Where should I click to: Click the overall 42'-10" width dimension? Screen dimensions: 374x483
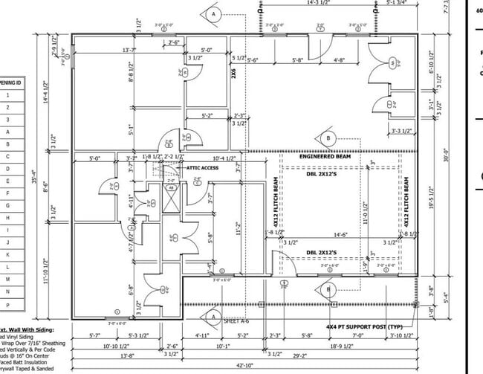click(242, 368)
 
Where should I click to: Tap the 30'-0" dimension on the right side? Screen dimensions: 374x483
click(467, 158)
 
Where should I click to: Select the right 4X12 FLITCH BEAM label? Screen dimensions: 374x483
click(406, 203)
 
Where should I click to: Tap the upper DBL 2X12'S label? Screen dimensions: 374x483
click(322, 175)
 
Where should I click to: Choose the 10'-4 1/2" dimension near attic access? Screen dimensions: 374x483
click(223, 158)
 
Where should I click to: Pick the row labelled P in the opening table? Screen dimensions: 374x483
click(7, 303)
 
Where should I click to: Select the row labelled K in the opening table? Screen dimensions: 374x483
click(7, 254)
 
